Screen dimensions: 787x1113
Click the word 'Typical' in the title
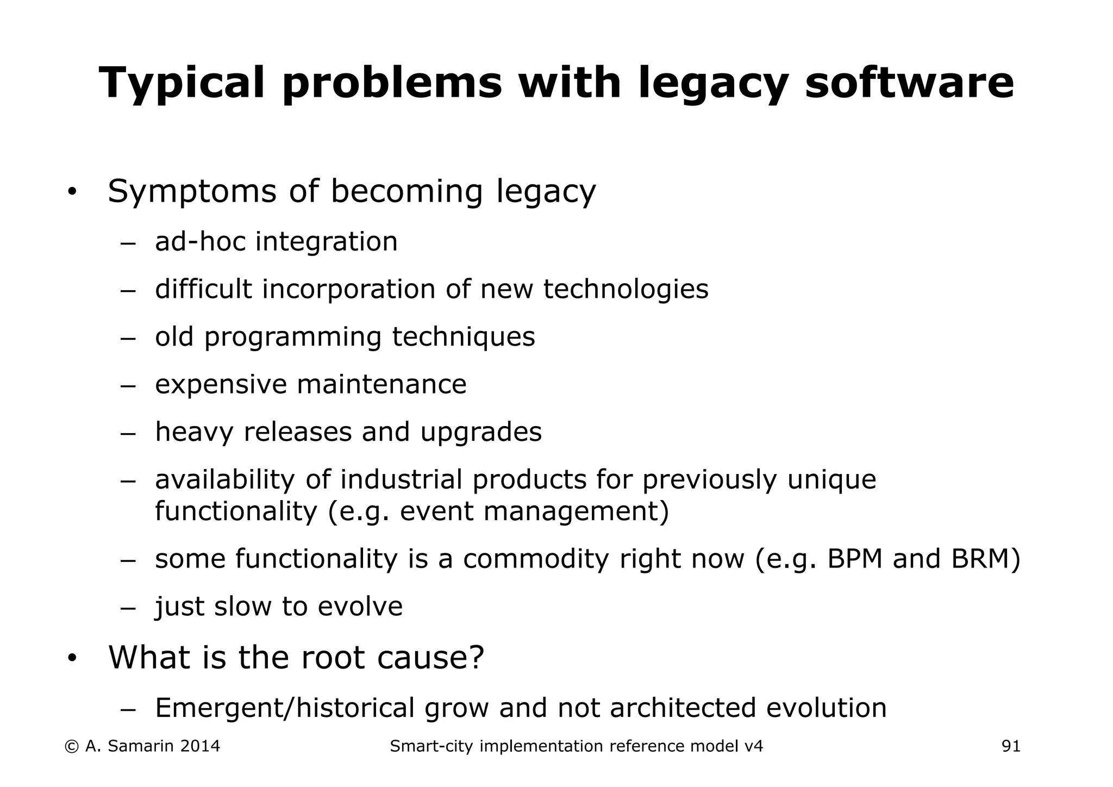[183, 83]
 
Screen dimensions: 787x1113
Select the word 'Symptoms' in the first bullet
[192, 191]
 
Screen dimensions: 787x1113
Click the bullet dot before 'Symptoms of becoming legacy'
[72, 192]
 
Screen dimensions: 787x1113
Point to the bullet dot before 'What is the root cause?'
[72, 658]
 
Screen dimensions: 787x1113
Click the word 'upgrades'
[481, 432]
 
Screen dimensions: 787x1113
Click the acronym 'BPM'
[855, 559]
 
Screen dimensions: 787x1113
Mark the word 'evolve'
[360, 607]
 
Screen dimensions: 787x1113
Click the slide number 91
[1011, 746]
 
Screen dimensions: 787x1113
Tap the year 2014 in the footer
[199, 746]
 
